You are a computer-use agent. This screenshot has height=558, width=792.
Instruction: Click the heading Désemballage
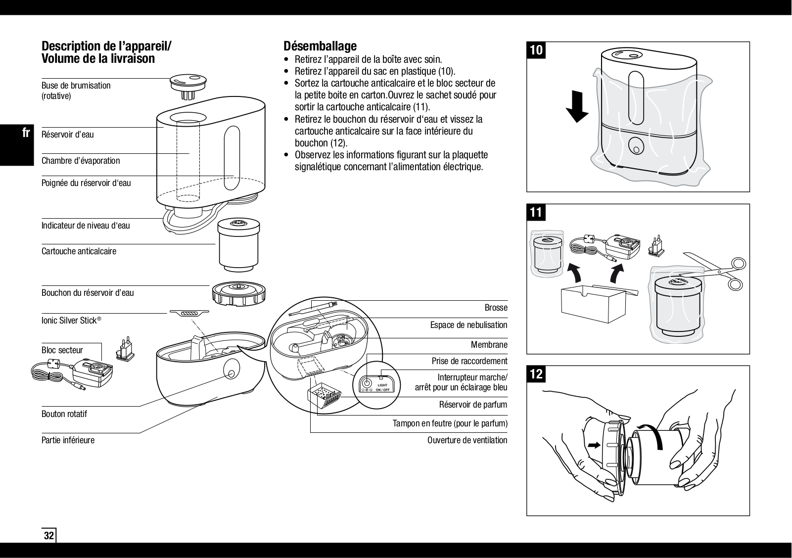[x=320, y=46]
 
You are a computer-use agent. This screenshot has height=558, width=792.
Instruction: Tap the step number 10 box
[x=537, y=50]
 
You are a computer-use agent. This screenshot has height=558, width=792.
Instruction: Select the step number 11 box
[x=536, y=212]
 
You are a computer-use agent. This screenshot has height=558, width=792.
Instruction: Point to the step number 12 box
[x=536, y=374]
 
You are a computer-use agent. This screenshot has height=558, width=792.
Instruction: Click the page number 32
[x=48, y=536]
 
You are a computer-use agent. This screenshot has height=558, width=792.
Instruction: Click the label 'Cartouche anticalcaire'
[x=79, y=251]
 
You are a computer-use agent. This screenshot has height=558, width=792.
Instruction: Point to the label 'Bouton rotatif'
[x=64, y=414]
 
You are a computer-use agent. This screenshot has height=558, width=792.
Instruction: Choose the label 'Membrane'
[x=489, y=344]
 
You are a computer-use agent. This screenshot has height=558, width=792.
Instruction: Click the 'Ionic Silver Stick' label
[x=71, y=321]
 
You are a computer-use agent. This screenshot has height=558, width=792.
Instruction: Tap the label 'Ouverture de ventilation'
[x=467, y=440]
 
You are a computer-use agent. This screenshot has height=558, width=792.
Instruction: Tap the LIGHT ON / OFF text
[x=382, y=387]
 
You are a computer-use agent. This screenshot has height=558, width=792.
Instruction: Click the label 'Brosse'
[x=496, y=307]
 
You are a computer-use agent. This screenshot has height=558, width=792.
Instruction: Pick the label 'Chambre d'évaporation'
[x=81, y=160]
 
